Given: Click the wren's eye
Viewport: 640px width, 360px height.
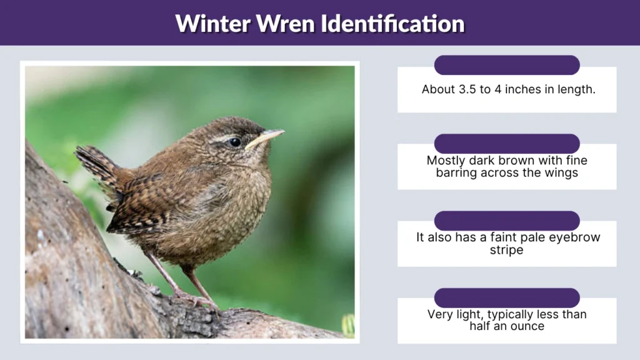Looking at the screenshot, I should pyautogui.click(x=235, y=142).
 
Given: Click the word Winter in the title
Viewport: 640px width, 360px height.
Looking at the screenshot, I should pyautogui.click(x=212, y=24).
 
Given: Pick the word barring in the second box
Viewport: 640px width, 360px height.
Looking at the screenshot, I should pyautogui.click(x=458, y=172).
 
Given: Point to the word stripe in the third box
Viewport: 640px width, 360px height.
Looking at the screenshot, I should pyautogui.click(x=507, y=249).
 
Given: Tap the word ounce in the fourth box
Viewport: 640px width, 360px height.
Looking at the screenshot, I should pyautogui.click(x=526, y=326).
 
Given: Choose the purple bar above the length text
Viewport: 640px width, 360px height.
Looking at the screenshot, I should pyautogui.click(x=507, y=65).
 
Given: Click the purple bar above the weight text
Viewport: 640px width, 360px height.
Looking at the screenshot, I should pyautogui.click(x=507, y=297).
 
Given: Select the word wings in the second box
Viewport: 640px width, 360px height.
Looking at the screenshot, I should pyautogui.click(x=560, y=172).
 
